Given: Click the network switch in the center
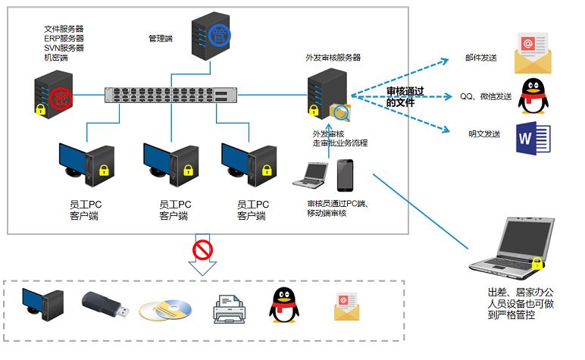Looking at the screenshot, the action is click(x=170, y=95).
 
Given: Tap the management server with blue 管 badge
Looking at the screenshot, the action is click(x=211, y=36).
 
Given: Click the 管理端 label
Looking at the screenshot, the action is click(x=161, y=39).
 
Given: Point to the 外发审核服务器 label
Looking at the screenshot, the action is click(x=333, y=58).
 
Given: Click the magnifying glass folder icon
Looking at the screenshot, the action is click(x=340, y=113).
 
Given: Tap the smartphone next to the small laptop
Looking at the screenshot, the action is click(x=345, y=175).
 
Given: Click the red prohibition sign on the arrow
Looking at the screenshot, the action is click(x=202, y=250).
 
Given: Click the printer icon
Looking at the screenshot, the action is click(x=230, y=309).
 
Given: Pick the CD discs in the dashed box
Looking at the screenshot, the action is click(x=166, y=310).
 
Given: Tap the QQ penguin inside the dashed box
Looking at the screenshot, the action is click(x=284, y=305).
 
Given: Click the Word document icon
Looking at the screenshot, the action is click(x=533, y=139).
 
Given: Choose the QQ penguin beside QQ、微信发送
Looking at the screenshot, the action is click(x=533, y=96).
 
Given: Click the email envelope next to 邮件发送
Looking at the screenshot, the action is click(x=533, y=53).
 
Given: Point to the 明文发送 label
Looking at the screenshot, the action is click(x=484, y=134).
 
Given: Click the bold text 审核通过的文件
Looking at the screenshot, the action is click(x=405, y=96).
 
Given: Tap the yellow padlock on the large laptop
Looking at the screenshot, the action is click(x=537, y=263).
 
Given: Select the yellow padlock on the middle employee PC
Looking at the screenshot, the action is click(x=188, y=170).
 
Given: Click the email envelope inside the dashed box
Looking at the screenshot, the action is click(x=346, y=307).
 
